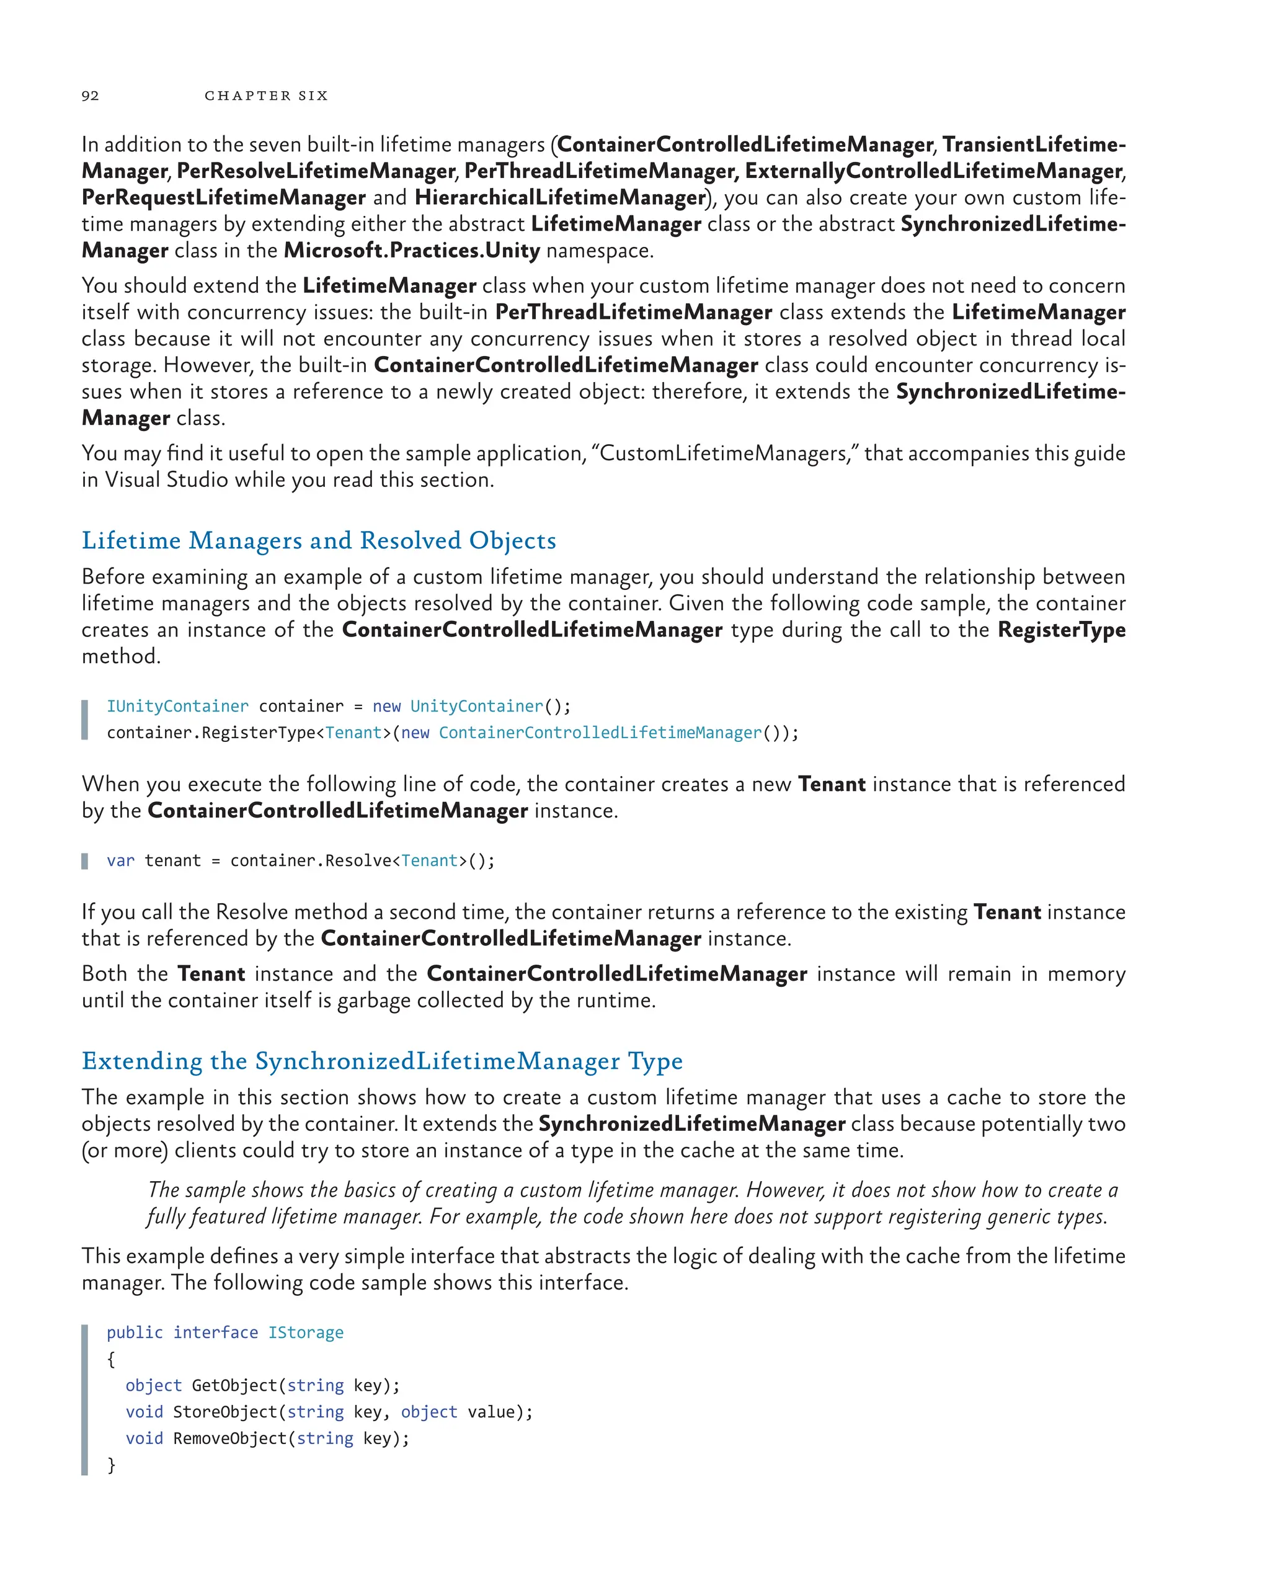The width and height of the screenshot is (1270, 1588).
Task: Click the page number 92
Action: click(x=90, y=96)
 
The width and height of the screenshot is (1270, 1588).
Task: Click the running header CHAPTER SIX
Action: click(x=266, y=96)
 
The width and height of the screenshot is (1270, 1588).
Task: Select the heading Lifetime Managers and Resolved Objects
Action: click(x=319, y=541)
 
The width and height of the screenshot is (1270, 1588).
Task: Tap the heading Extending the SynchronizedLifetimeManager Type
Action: click(x=382, y=1061)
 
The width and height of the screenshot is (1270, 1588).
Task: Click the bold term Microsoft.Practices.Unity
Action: click(x=412, y=251)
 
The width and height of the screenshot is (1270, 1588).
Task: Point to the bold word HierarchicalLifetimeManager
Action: click(x=560, y=197)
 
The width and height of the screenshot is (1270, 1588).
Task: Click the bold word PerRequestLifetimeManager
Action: click(x=224, y=197)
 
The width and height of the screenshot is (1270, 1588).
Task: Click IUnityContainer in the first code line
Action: click(x=177, y=707)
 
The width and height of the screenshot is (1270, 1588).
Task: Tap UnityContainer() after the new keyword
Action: click(x=483, y=707)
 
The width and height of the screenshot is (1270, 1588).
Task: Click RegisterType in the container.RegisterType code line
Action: click(x=259, y=733)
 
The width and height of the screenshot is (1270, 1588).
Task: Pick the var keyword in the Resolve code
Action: click(x=120, y=860)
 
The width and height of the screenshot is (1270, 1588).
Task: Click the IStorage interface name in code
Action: click(x=306, y=1332)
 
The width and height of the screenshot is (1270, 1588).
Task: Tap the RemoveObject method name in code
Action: click(x=229, y=1439)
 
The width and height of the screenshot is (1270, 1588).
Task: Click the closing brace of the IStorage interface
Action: click(x=111, y=1465)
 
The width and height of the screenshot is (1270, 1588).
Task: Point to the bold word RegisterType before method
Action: click(x=1061, y=630)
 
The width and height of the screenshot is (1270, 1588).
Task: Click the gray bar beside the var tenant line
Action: click(x=85, y=860)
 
